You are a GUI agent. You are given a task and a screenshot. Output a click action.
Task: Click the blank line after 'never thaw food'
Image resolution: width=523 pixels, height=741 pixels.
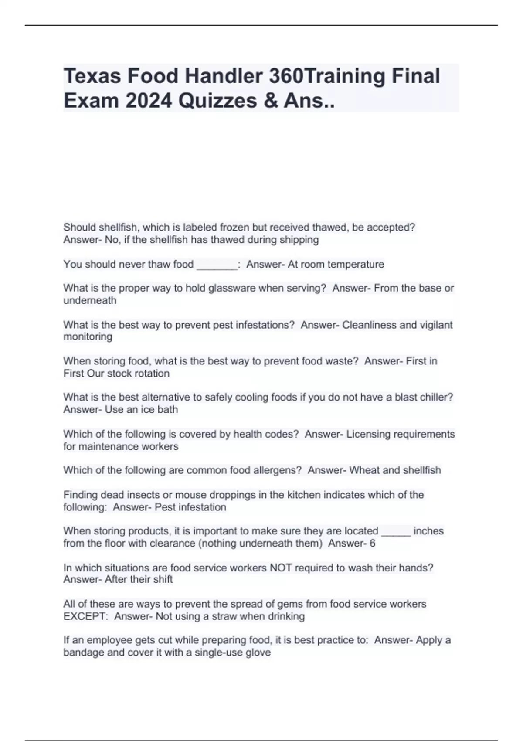(217, 265)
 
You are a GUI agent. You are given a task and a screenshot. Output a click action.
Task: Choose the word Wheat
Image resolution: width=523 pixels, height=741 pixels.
(365, 470)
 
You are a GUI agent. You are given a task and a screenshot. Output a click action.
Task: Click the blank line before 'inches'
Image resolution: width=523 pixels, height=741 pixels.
(396, 531)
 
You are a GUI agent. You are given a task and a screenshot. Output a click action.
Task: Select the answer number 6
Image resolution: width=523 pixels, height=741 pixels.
(372, 544)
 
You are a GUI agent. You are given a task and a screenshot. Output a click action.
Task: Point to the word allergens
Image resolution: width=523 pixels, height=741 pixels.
(279, 470)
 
